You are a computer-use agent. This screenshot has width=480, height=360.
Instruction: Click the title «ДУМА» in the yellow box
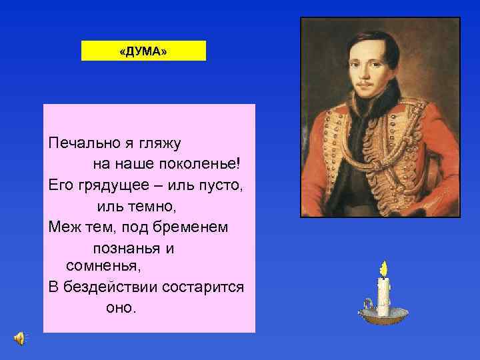coord(143,51)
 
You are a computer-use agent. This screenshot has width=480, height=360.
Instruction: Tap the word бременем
coord(191,227)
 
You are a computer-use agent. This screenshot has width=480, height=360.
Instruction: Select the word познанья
coord(127,248)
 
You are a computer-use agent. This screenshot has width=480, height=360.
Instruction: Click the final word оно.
coord(120,307)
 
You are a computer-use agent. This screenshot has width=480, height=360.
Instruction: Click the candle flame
coord(383,269)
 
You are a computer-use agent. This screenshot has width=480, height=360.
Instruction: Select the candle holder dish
coord(381,317)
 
